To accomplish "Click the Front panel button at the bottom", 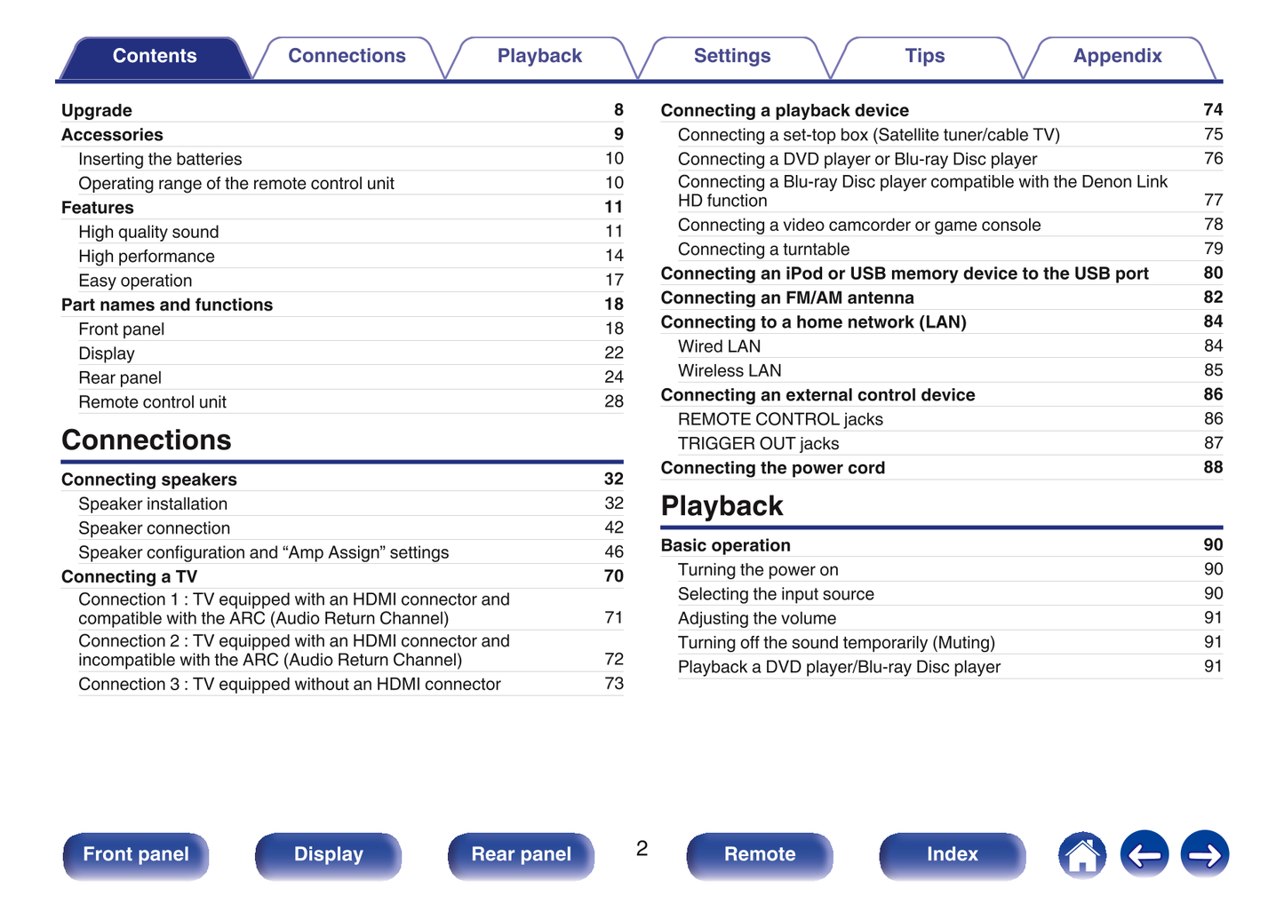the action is (136, 854).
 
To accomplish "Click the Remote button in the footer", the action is (760, 854).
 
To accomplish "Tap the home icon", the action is (1081, 854).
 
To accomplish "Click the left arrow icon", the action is (1144, 854).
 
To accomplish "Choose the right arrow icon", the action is (1204, 854).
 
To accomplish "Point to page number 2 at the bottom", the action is (642, 848).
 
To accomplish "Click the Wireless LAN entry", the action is (730, 370).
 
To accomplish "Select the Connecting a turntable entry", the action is (763, 250).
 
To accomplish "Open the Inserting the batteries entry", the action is (160, 159).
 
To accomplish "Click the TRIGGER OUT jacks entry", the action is (758, 443).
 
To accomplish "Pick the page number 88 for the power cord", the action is (1213, 467).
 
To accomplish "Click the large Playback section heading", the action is (722, 506).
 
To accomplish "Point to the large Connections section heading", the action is (146, 440).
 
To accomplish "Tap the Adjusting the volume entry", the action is (757, 618).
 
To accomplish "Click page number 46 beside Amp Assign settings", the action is (614, 551).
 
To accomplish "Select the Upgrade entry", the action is (96, 110).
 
